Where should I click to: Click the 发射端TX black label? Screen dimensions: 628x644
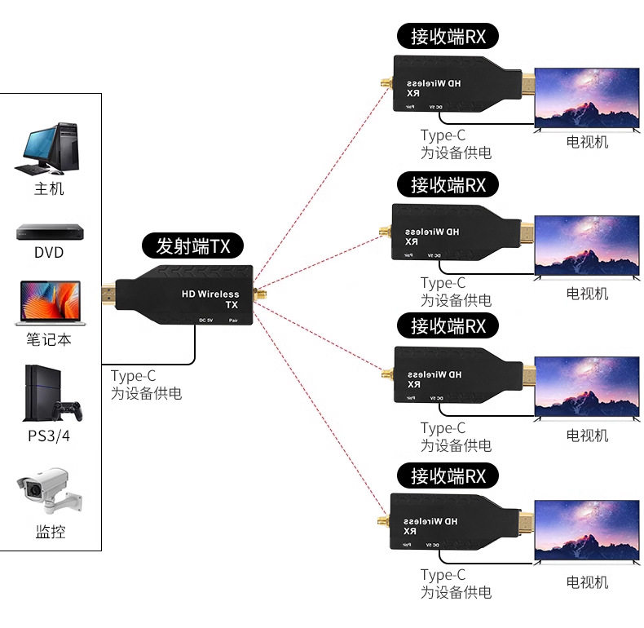click(x=193, y=245)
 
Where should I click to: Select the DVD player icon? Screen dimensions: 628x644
click(x=48, y=232)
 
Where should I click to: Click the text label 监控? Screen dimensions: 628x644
click(x=50, y=533)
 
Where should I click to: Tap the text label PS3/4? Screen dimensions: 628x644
click(x=49, y=436)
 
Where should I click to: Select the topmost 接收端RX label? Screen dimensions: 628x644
click(x=448, y=37)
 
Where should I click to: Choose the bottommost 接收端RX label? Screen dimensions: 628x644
click(x=448, y=475)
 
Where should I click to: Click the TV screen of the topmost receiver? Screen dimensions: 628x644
click(x=587, y=97)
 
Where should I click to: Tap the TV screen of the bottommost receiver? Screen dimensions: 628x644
click(x=587, y=530)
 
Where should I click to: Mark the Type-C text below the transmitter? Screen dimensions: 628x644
click(x=133, y=376)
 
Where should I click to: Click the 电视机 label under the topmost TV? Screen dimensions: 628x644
click(x=587, y=142)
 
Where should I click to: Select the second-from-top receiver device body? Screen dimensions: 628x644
click(x=448, y=232)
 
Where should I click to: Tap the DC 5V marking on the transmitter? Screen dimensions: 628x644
click(x=205, y=320)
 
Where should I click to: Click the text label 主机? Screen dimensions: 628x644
click(x=49, y=189)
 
